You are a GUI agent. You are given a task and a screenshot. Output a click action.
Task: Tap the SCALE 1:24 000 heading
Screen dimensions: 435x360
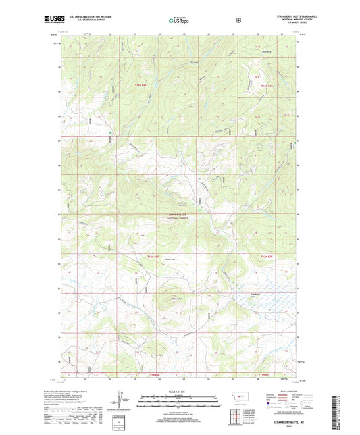click(180, 392)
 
